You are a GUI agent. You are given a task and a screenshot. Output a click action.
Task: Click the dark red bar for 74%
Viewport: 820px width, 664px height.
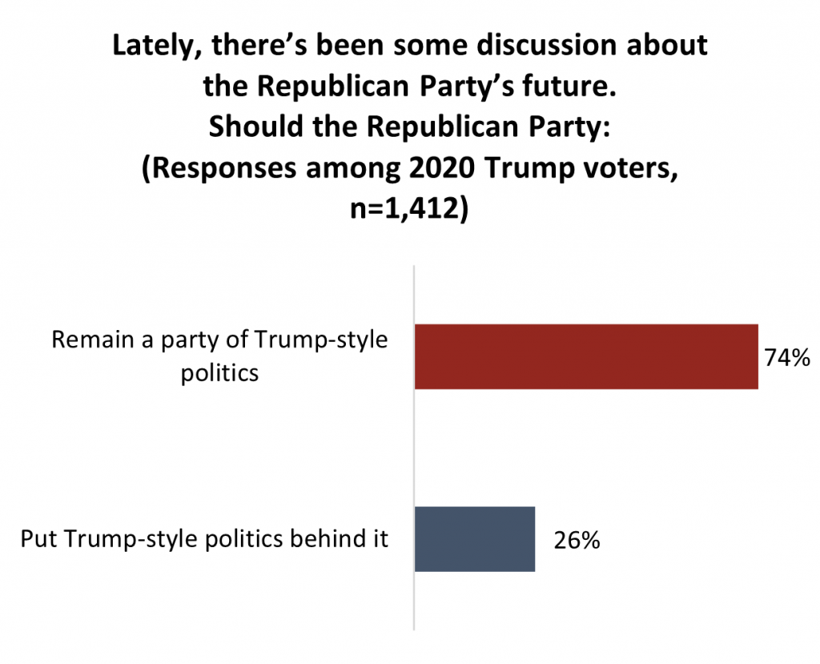[585, 356]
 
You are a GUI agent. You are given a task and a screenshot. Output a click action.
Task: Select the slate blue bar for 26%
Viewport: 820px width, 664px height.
[474, 539]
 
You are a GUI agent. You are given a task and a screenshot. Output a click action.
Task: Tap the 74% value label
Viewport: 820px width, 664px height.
[786, 358]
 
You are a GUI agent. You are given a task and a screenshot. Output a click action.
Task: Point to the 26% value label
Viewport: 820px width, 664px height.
[577, 541]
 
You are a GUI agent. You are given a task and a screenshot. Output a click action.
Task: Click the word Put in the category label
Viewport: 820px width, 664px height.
[37, 538]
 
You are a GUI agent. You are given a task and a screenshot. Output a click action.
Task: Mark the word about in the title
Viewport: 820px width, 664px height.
[670, 46]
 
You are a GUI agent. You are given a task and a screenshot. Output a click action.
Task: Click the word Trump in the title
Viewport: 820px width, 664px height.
[540, 173]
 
